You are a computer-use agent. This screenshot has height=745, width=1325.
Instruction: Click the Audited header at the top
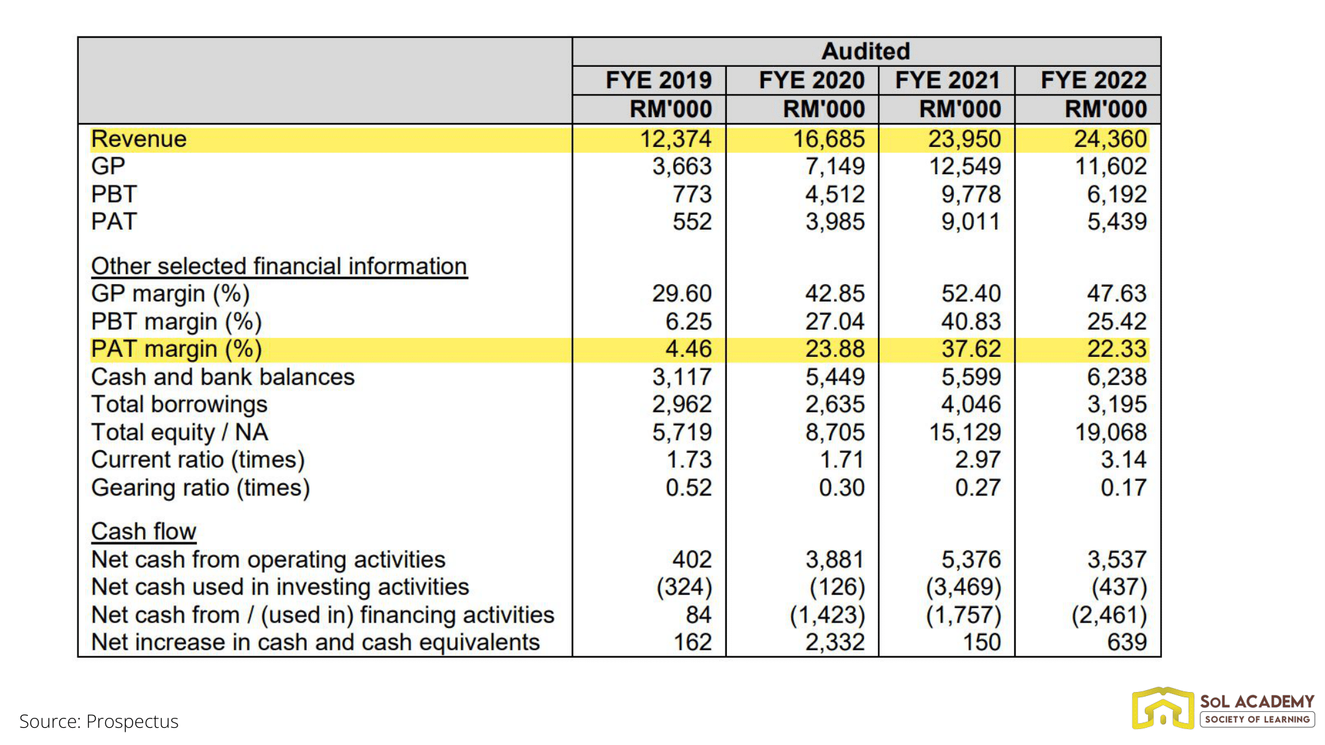866,51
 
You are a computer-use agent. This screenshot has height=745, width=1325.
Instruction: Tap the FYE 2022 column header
1093,80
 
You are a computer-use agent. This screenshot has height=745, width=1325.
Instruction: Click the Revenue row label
139,139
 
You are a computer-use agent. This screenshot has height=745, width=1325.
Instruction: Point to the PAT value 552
692,221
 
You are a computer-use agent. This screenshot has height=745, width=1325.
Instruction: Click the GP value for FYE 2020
835,166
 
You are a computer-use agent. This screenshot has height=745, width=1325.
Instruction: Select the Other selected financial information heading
279,266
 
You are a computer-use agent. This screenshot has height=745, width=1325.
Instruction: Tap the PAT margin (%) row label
176,349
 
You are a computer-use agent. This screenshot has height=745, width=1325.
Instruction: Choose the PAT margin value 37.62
971,349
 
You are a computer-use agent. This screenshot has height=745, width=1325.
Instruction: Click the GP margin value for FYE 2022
1116,293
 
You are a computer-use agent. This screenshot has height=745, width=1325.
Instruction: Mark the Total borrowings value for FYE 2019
682,404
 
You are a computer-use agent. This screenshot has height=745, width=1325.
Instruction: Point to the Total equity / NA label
180,432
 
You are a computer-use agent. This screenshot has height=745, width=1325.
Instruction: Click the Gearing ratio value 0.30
841,487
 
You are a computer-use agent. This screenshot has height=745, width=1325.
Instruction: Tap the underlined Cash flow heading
144,531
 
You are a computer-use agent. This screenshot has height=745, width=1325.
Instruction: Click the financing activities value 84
698,615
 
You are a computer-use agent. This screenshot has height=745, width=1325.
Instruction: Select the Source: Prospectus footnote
99,721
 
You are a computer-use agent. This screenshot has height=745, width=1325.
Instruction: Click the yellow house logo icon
1163,709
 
